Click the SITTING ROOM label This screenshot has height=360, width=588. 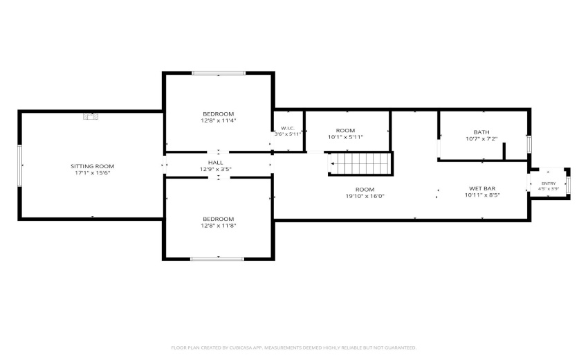click(92, 166)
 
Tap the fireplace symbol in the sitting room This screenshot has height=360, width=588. click(91, 116)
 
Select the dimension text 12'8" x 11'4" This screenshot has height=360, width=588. click(218, 120)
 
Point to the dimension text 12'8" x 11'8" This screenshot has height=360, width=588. click(218, 226)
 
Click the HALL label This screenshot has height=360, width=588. click(216, 163)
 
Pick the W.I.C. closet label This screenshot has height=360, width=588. click(288, 128)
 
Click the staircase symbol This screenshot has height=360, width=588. click(360, 163)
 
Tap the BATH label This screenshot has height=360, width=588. click(481, 132)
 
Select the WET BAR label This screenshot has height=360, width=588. click(482, 188)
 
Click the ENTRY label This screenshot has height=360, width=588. click(549, 183)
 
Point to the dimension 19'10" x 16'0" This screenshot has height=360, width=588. click(365, 196)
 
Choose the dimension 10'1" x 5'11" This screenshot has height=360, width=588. click(345, 137)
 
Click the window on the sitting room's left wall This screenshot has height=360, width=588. click(20, 165)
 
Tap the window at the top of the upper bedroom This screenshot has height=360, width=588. click(219, 73)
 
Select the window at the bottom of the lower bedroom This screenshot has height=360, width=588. click(217, 259)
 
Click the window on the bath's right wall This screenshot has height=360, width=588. click(529, 144)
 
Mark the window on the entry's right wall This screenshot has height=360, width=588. click(569, 185)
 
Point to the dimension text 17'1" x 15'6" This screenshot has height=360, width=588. click(92, 173)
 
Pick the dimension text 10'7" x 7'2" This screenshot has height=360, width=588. click(481, 139)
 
